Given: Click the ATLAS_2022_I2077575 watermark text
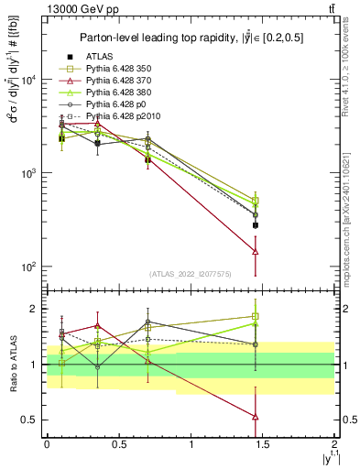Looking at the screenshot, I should [191, 275].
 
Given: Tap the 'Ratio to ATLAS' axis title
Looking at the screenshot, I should [12, 364].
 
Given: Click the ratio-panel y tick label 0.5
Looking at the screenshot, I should [29, 420].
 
